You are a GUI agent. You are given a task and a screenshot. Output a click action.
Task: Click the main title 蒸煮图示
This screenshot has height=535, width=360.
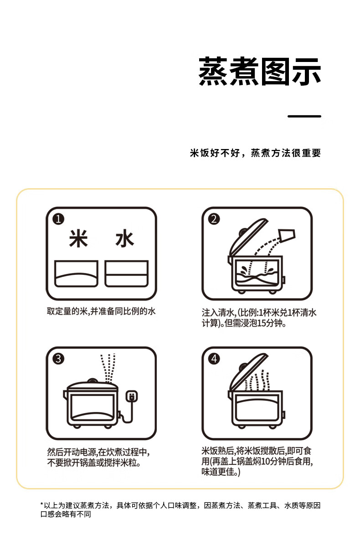260,72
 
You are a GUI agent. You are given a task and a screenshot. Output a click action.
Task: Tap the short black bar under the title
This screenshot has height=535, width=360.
304,116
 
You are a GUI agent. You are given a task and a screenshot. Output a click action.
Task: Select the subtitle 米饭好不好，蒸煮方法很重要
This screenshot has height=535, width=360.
255,153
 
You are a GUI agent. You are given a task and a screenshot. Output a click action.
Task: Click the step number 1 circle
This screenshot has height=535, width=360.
58,219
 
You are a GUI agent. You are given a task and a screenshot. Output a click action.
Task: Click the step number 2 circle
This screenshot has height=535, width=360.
214,219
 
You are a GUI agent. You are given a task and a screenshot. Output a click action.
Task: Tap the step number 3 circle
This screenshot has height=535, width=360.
58,359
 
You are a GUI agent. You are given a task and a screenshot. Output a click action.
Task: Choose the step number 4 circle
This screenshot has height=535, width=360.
214,359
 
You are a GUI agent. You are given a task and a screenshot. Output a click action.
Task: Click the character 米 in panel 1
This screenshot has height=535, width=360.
78,239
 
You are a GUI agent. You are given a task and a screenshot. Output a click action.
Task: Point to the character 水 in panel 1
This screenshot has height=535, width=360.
124,239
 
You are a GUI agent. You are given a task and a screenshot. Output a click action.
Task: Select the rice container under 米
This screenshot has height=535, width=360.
76,273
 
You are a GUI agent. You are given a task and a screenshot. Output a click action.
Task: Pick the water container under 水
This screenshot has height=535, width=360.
126,273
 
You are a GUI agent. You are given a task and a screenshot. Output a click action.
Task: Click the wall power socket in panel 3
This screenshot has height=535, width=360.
132,396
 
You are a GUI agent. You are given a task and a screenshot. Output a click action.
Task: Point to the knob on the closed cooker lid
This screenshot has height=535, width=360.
92,381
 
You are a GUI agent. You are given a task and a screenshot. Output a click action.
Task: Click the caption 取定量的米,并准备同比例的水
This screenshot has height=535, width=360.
101,312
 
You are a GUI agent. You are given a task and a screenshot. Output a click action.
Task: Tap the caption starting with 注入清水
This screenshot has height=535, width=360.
259,318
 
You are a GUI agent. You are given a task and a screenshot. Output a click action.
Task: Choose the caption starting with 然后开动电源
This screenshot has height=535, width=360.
98,457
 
